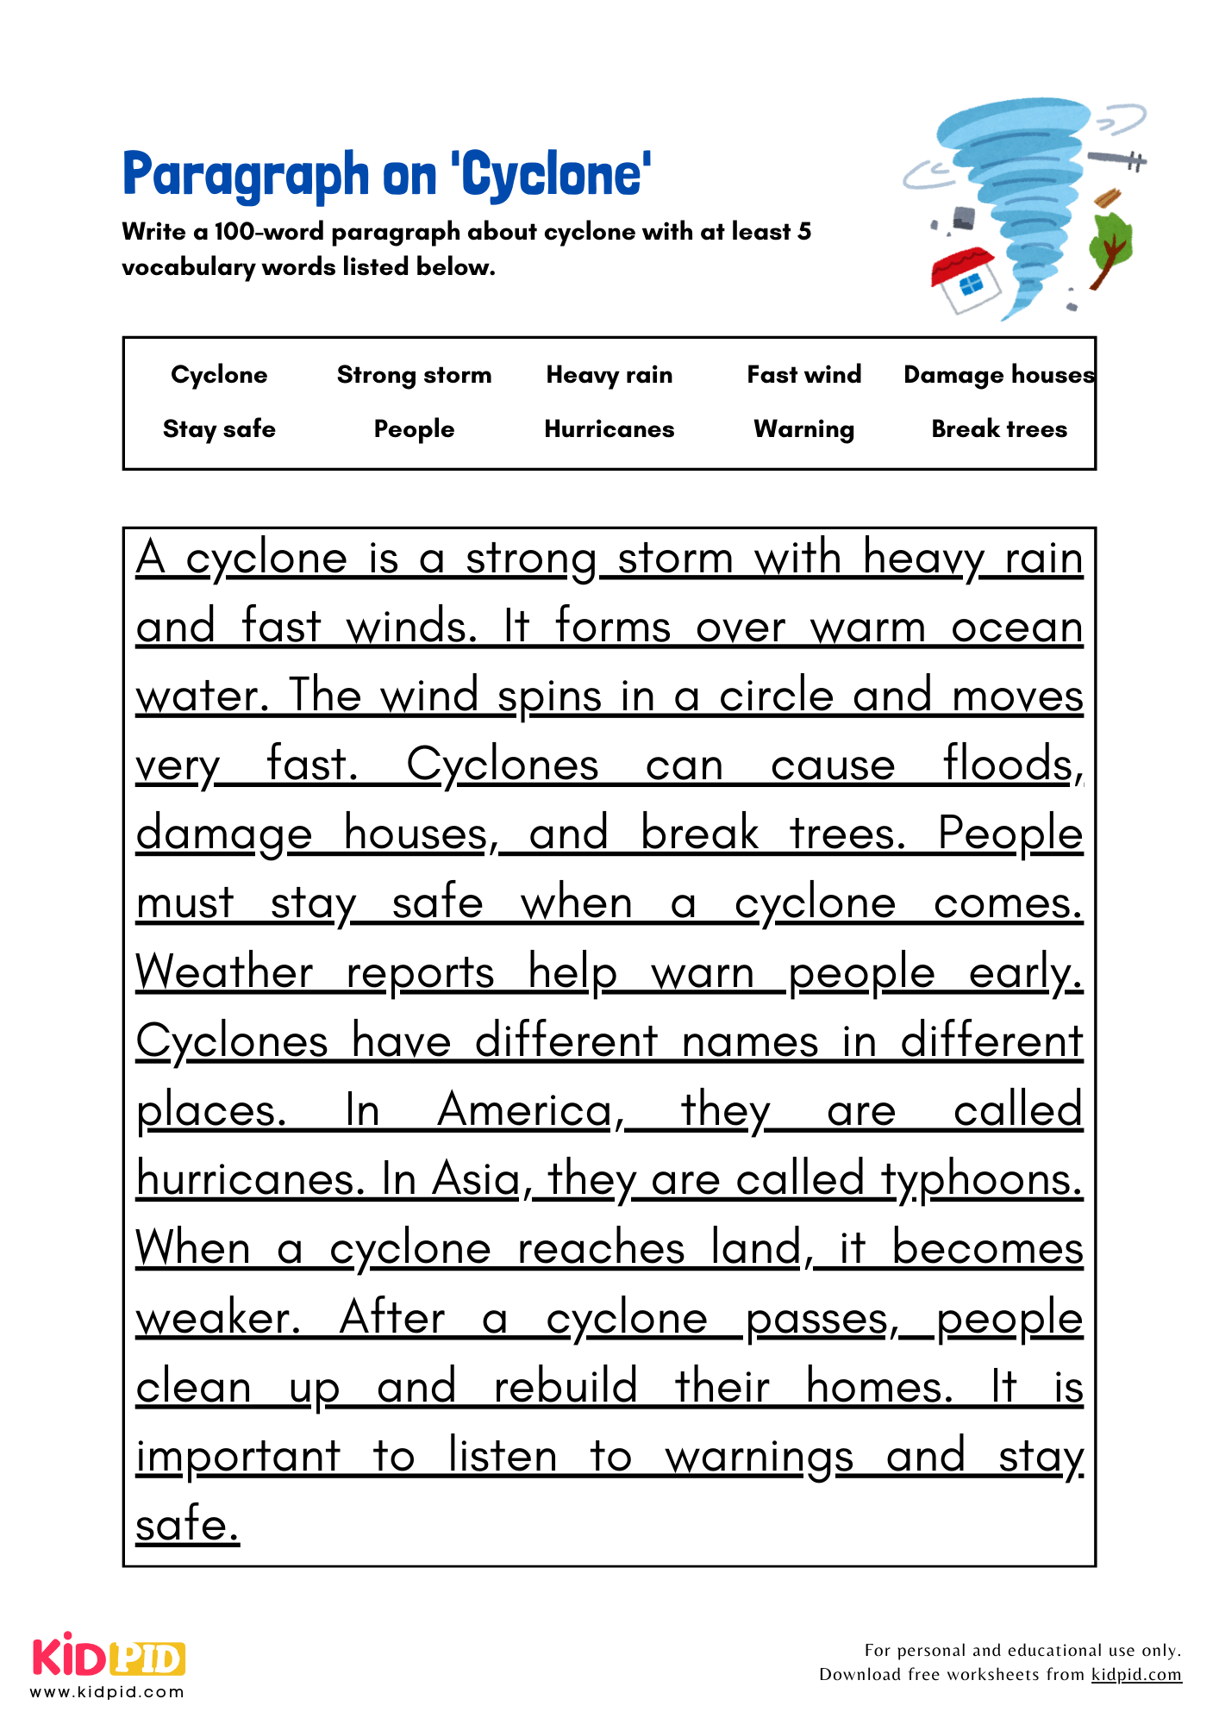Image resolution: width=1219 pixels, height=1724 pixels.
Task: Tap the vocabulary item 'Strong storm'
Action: (x=414, y=375)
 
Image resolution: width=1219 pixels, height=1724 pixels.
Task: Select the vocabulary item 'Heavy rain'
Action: (x=609, y=375)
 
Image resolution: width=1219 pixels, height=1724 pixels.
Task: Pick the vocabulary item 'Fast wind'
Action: (x=803, y=375)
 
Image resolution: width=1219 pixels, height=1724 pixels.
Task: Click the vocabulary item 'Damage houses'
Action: (x=998, y=375)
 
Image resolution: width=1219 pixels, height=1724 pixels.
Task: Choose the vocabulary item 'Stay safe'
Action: (x=219, y=429)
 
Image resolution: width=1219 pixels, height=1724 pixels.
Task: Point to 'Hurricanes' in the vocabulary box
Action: (x=609, y=429)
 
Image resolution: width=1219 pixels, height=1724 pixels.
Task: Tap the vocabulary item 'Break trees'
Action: (x=998, y=429)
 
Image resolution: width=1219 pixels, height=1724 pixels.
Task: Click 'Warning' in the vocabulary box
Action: (x=803, y=429)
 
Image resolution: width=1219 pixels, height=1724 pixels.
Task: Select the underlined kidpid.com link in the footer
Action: (x=1135, y=1675)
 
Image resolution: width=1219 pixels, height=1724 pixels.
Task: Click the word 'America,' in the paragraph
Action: (x=531, y=1110)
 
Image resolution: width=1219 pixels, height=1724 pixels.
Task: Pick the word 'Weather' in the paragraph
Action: (x=224, y=972)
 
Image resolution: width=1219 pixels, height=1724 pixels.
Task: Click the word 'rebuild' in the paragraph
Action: (x=565, y=1387)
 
